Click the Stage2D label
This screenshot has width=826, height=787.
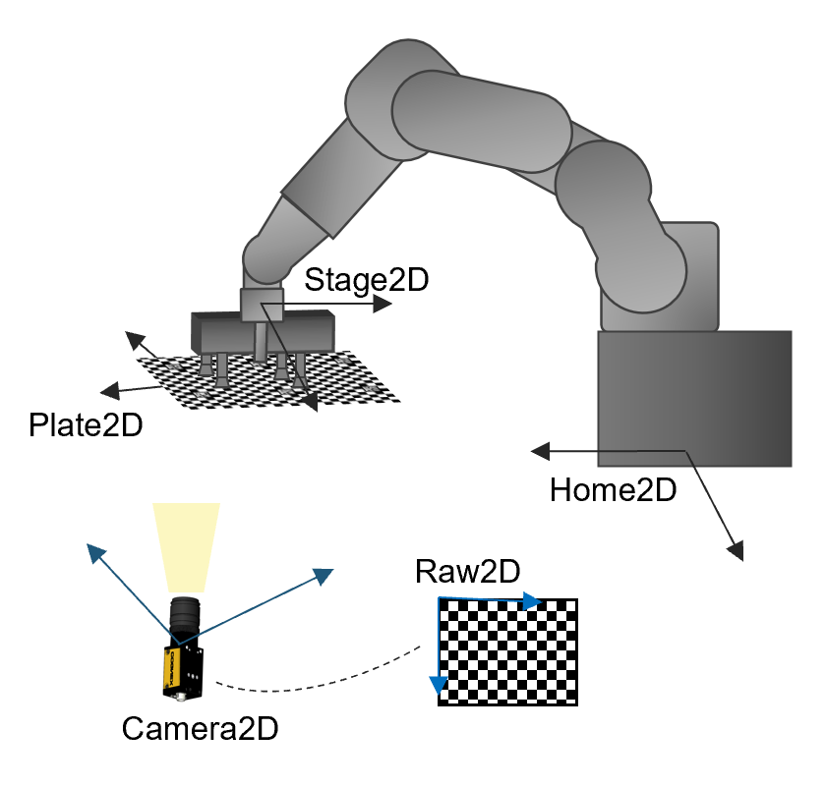[x=367, y=279]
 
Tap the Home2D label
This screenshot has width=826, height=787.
[x=613, y=489]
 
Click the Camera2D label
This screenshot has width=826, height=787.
[x=200, y=728]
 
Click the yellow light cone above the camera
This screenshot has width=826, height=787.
[x=186, y=546]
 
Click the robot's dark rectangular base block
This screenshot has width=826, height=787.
[x=694, y=397]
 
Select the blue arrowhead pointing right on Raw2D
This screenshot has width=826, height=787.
[x=532, y=600]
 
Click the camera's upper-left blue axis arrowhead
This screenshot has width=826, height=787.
[x=95, y=553]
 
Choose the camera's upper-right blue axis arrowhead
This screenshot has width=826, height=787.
[x=324, y=575]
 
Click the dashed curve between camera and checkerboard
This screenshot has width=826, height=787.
[x=324, y=680]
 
